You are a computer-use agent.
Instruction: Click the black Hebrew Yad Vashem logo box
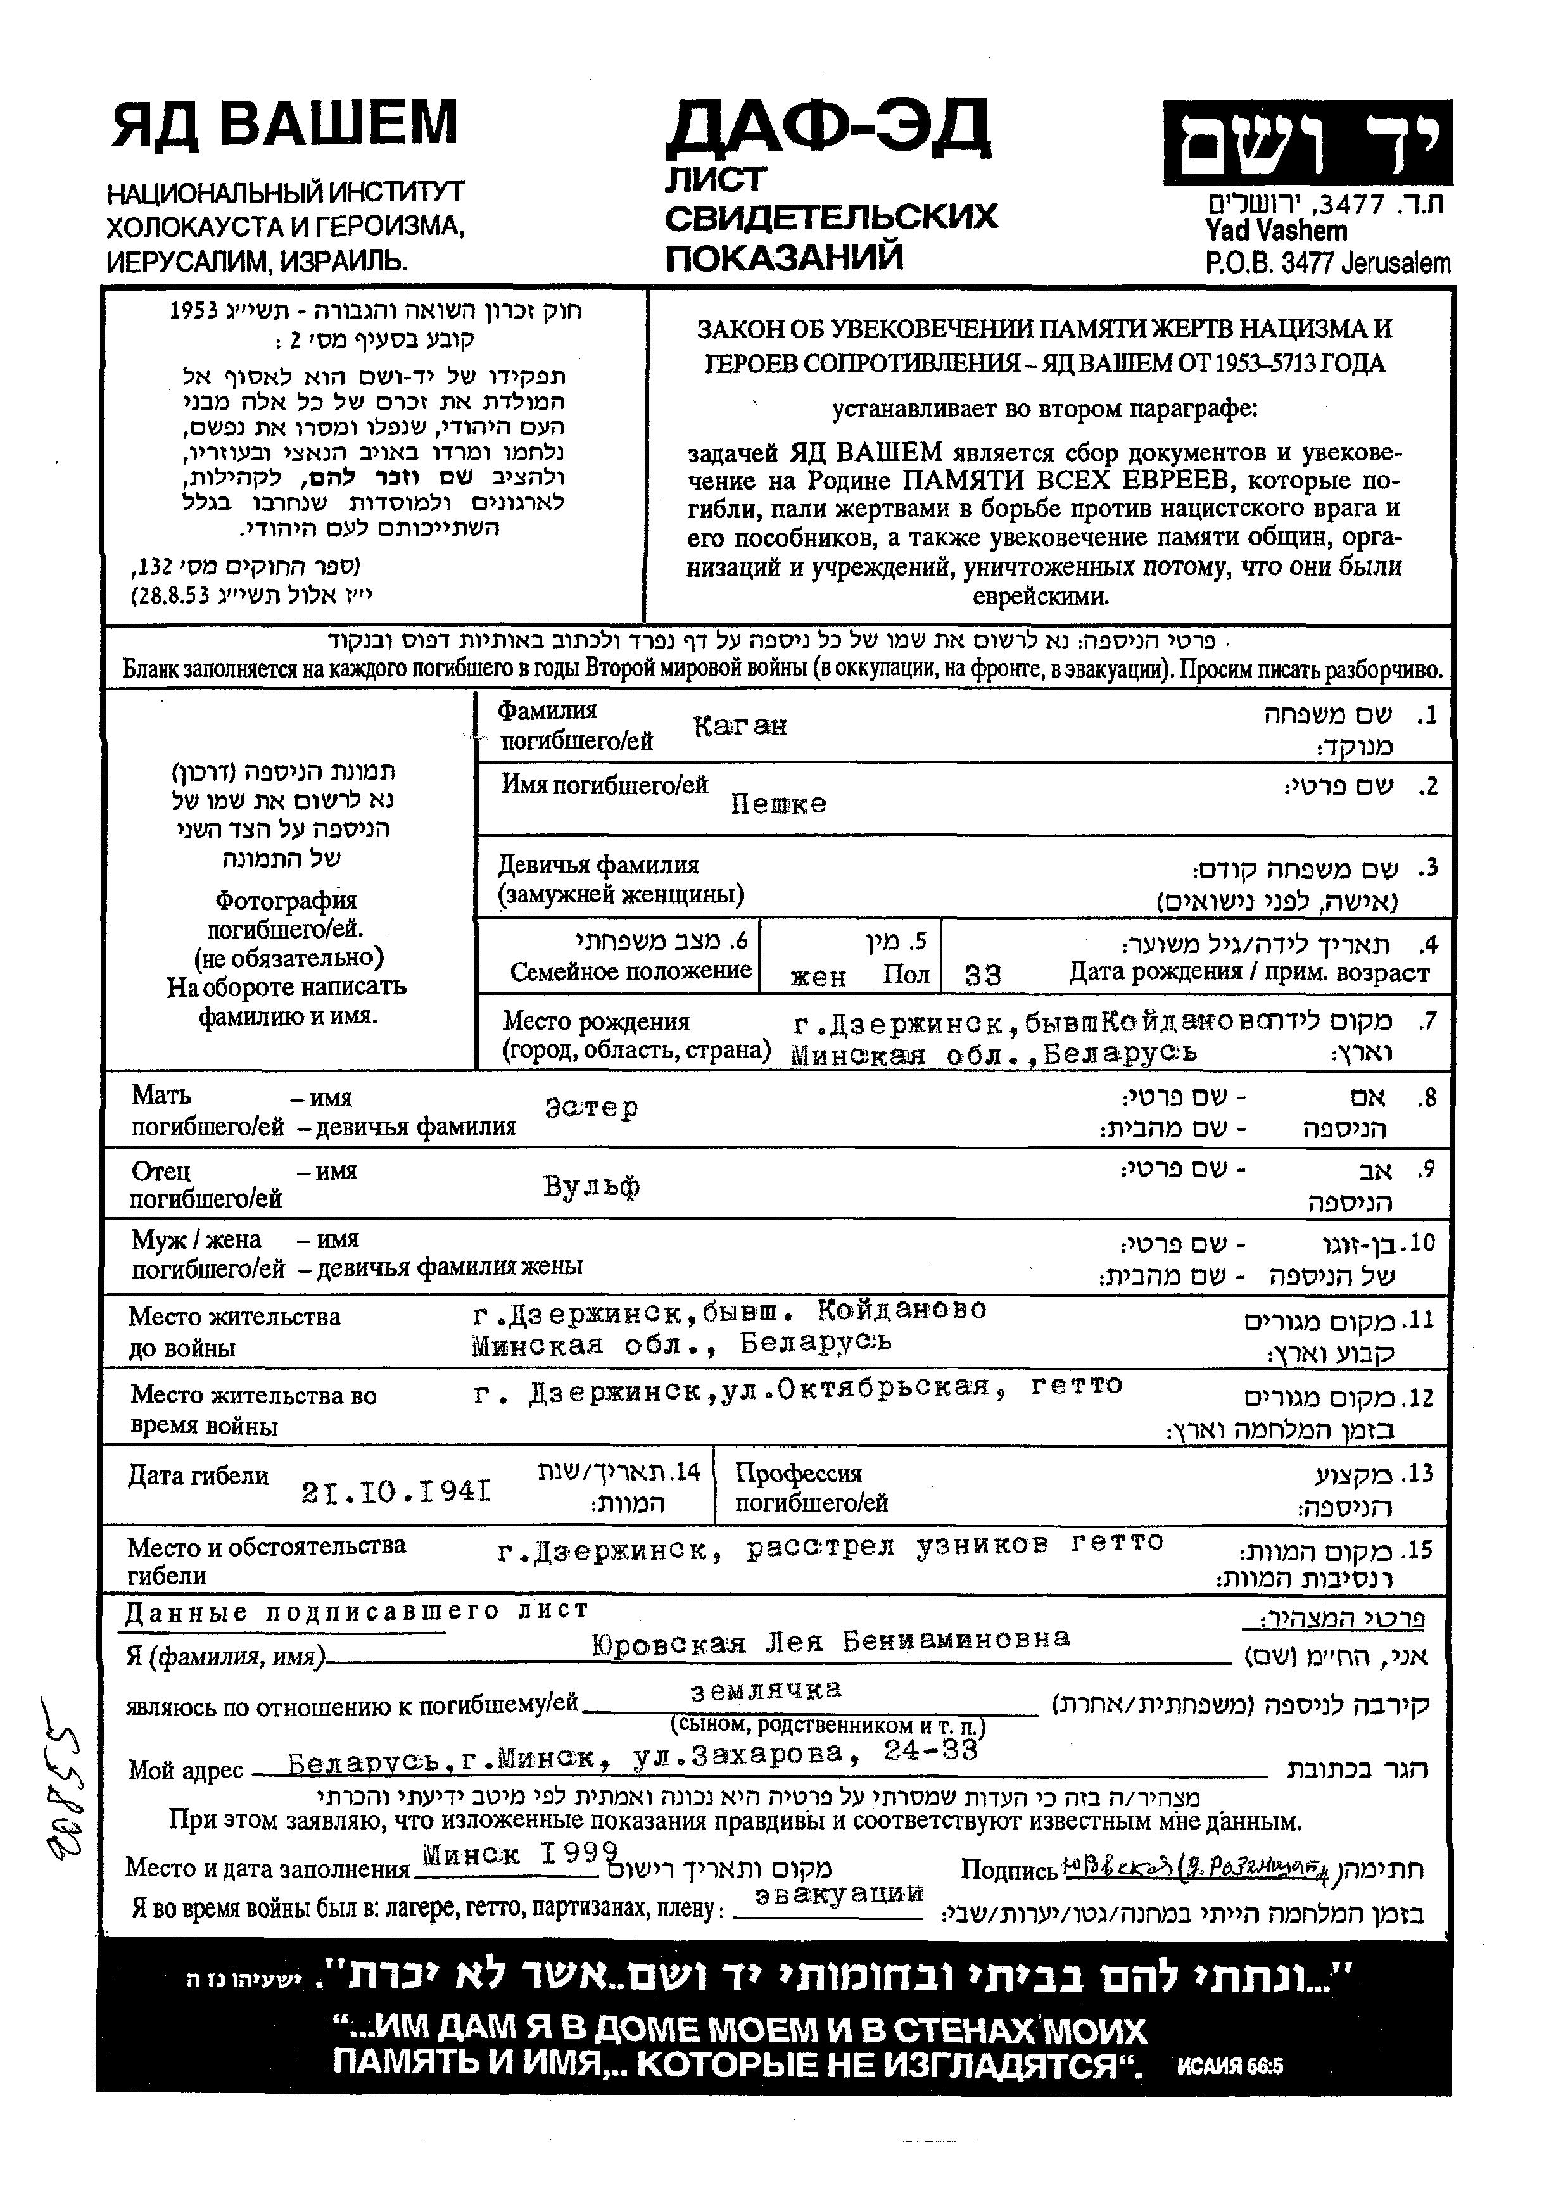(x=1305, y=142)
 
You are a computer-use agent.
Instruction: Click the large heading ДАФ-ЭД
(x=826, y=128)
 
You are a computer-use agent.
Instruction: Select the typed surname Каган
(x=740, y=726)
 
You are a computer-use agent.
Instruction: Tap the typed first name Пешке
(x=778, y=804)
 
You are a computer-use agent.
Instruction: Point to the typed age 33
(x=983, y=976)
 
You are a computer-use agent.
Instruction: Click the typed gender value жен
(x=818, y=978)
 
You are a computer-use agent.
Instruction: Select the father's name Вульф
(x=591, y=1186)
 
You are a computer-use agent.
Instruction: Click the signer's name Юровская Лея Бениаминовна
(x=830, y=1640)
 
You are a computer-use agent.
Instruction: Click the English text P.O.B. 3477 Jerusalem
(x=1327, y=263)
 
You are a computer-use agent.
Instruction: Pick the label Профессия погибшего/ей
(x=811, y=1488)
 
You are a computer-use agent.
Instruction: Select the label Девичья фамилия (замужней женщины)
(x=621, y=880)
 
